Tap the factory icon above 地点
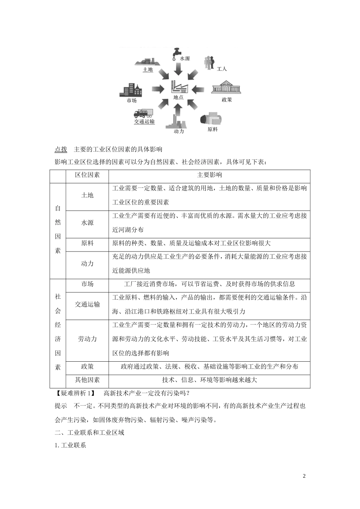point(179,87)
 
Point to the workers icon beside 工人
point(209,62)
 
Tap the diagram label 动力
point(178,131)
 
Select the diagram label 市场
point(131,101)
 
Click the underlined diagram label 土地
point(147,70)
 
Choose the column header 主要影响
point(210,175)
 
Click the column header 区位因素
point(87,175)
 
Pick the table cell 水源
point(87,223)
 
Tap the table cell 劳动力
point(87,339)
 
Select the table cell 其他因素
point(87,380)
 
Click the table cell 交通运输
point(87,304)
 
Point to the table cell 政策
point(87,366)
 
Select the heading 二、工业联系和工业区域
point(89,432)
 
